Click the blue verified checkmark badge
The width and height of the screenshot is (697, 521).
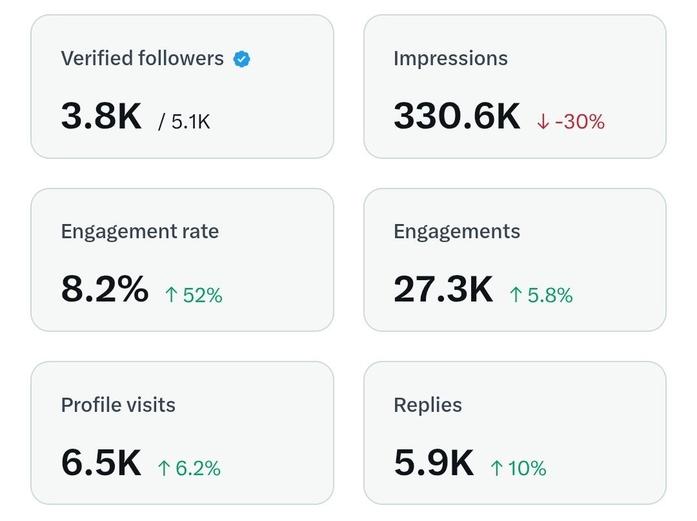click(241, 59)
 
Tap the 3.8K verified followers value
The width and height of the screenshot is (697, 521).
click(101, 117)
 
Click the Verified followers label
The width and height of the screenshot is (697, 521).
click(142, 59)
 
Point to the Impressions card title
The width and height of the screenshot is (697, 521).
click(450, 59)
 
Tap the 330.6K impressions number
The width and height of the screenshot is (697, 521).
click(456, 117)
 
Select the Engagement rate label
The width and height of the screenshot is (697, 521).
click(139, 232)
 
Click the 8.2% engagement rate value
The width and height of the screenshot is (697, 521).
click(105, 290)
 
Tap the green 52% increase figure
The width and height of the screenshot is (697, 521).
click(202, 295)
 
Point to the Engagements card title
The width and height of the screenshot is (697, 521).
click(456, 232)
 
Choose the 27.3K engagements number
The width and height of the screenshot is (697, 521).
click(443, 290)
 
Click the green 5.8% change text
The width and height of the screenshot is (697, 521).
click(549, 295)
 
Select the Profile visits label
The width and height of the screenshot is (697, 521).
click(118, 405)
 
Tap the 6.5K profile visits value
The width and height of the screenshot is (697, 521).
click(101, 463)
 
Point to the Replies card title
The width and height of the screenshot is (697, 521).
click(427, 405)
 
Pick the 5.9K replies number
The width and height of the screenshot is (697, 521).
click(434, 463)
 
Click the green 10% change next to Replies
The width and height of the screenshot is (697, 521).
click(527, 468)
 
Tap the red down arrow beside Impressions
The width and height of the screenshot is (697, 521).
click(543, 122)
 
